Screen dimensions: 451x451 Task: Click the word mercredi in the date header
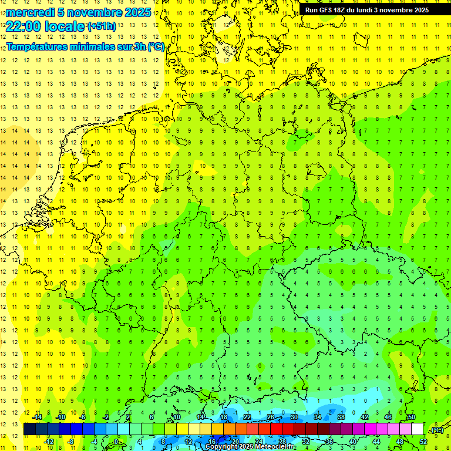click(x=30, y=12)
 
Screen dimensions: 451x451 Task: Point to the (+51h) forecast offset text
click(x=101, y=26)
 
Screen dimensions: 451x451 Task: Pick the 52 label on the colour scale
click(x=423, y=442)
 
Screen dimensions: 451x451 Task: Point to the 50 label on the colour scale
click(x=412, y=417)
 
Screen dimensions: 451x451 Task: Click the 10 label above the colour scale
click(x=176, y=417)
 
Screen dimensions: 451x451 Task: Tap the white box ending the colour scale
click(x=417, y=429)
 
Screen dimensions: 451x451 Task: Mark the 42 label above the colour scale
click(x=364, y=417)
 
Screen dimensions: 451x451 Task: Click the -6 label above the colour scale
click(x=83, y=417)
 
